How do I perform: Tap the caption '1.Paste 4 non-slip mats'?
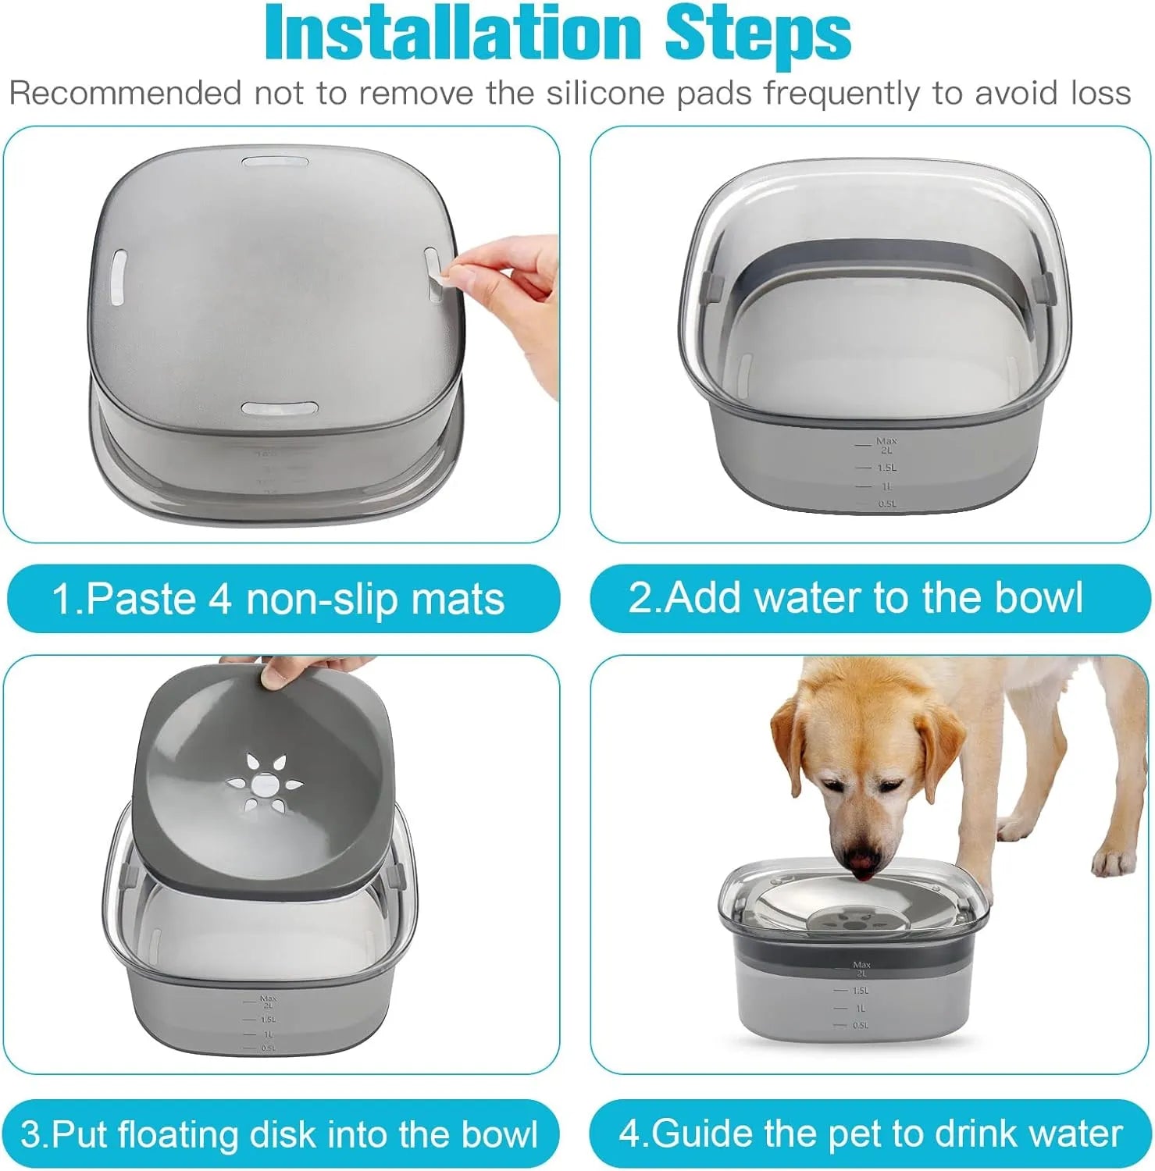[278, 599]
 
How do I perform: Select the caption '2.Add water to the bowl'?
[855, 597]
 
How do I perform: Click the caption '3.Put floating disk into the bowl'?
[279, 1134]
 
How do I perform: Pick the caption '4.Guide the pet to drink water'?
[870, 1133]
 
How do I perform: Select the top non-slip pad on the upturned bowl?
[275, 162]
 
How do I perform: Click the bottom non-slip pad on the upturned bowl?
[279, 409]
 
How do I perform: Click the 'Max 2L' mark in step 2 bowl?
[886, 445]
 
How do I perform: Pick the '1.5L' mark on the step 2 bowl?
[886, 468]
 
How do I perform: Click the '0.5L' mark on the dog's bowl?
[860, 1025]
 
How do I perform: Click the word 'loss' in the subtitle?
[1100, 94]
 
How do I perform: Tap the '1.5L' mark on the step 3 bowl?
[268, 1020]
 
